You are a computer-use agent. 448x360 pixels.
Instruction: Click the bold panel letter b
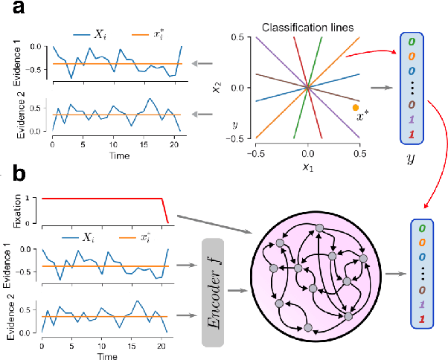click(x=15, y=176)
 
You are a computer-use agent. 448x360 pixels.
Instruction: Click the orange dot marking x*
click(x=356, y=108)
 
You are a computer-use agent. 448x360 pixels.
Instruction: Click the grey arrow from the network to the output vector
click(x=395, y=274)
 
